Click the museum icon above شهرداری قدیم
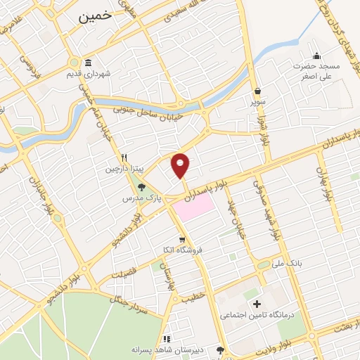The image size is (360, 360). pyautogui.click(x=88, y=62)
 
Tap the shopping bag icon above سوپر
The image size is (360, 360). pyautogui.click(x=258, y=91)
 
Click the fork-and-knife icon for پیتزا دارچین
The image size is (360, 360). pyautogui.click(x=124, y=157)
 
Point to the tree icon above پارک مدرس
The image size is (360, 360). pyautogui.click(x=143, y=187)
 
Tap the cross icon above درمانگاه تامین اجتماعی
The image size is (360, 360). pyautogui.click(x=256, y=304)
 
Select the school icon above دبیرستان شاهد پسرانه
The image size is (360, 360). pyautogui.click(x=167, y=338)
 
